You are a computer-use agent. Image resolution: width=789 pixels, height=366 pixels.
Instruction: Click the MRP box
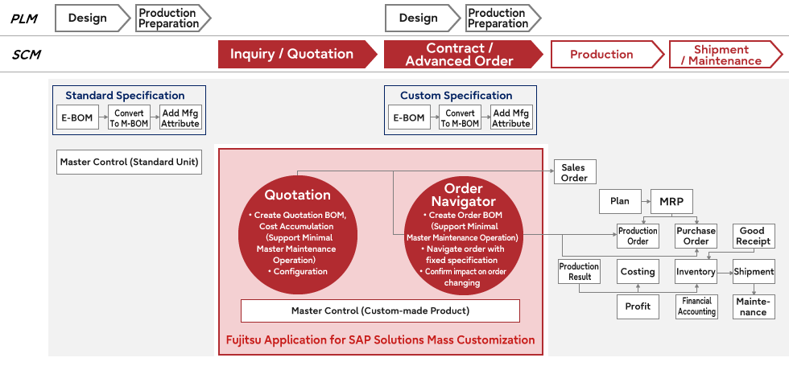pyautogui.click(x=671, y=201)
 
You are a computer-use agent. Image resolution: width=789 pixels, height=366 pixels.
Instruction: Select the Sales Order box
pyautogui.click(x=574, y=172)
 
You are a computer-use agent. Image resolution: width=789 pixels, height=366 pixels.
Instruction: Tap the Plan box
pyautogui.click(x=620, y=201)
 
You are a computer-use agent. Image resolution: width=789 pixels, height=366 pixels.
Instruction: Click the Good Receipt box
pyautogui.click(x=753, y=236)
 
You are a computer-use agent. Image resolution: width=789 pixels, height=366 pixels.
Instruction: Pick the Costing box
pyautogui.click(x=638, y=272)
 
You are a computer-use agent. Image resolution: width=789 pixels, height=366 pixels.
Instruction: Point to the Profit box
pyautogui.click(x=638, y=306)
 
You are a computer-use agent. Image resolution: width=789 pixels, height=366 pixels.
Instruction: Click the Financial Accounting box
pyautogui.click(x=696, y=306)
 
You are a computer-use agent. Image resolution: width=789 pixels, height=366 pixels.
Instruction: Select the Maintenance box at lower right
pyautogui.click(x=754, y=306)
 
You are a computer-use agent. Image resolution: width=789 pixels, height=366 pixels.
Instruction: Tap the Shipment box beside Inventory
pyautogui.click(x=754, y=272)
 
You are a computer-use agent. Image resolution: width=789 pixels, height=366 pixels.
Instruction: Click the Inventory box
pyautogui.click(x=696, y=272)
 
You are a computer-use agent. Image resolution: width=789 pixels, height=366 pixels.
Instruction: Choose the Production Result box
pyautogui.click(x=579, y=272)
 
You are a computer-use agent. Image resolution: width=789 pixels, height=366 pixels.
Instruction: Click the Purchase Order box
pyautogui.click(x=696, y=236)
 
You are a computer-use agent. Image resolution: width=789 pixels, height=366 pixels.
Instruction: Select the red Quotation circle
pyautogui.click(x=298, y=232)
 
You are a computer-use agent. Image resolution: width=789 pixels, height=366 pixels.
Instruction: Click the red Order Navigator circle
pyautogui.click(x=463, y=233)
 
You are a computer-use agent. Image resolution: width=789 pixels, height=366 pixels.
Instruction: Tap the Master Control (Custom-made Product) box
pyautogui.click(x=380, y=310)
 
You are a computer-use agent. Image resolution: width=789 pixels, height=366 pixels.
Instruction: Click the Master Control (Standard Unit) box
pyautogui.click(x=129, y=162)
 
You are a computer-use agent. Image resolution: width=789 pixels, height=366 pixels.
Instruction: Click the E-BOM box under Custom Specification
pyautogui.click(x=408, y=118)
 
